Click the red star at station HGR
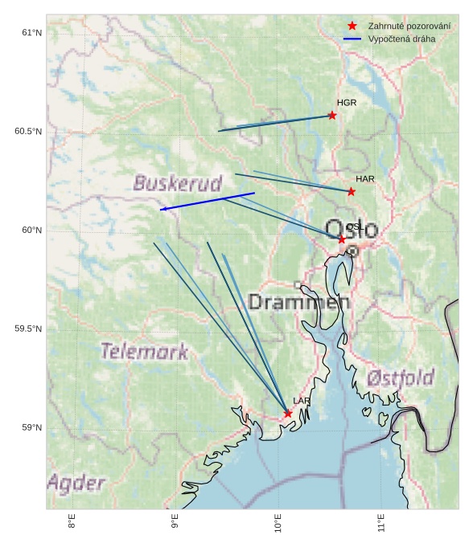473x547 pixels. coord(332,116)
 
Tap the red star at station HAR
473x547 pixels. coord(352,191)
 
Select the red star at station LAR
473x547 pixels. coord(288,414)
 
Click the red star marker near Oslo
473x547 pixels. coord(342,239)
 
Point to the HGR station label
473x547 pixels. coord(347,103)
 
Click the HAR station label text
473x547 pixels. coord(365,178)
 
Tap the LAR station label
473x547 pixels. coord(302,401)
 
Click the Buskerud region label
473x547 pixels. coord(177,184)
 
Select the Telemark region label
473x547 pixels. coord(145,351)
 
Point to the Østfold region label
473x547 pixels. coord(400,378)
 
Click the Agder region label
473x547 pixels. coord(76,483)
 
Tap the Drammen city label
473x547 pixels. coord(299,303)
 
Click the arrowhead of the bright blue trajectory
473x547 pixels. coord(162,210)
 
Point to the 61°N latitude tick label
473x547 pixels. coord(31,33)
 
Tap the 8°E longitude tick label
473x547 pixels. coord(72,524)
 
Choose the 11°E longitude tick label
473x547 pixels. coord(381,524)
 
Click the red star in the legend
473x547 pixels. coord(352,26)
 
